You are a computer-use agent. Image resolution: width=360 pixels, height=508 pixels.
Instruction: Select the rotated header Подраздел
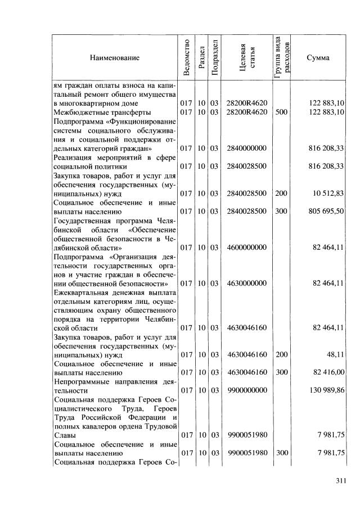(214, 57)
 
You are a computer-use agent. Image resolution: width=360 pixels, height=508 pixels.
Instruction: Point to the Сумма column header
(318, 57)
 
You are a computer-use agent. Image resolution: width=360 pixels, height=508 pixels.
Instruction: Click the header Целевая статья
(247, 57)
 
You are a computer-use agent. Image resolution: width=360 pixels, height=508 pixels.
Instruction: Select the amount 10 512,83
(327, 194)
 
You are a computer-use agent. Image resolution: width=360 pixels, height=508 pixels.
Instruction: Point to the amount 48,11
(334, 355)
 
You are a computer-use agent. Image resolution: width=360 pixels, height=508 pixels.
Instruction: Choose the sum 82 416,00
(327, 372)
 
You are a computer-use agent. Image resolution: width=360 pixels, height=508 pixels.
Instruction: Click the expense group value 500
(281, 113)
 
